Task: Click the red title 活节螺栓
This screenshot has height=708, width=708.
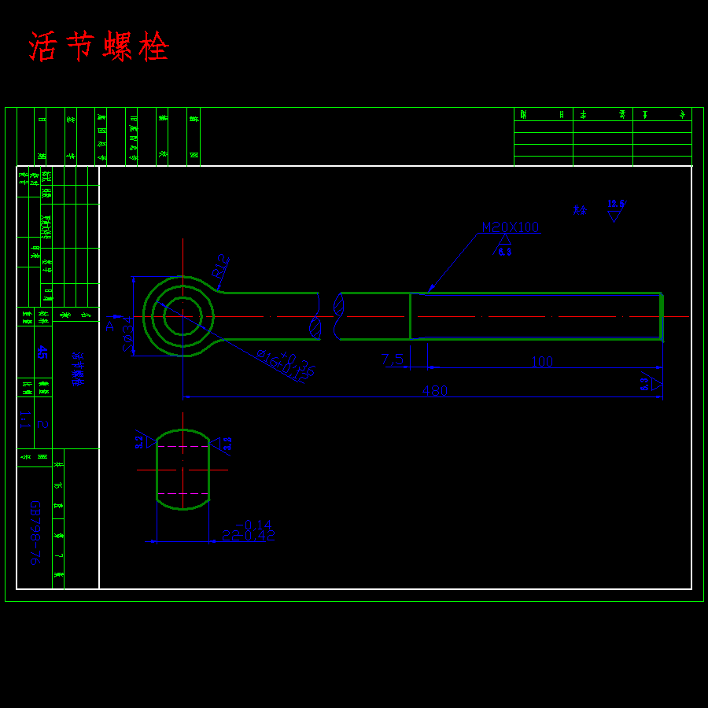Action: coord(99,47)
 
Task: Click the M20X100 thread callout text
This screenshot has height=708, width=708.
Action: coord(511,227)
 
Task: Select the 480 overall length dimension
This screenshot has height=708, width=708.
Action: coord(434,391)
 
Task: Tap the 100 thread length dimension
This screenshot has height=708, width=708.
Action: coord(542,362)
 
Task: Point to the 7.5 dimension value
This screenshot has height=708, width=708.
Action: coord(393,360)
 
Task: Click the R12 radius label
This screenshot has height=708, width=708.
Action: coord(219,265)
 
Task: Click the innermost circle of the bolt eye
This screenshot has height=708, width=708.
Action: coord(183,316)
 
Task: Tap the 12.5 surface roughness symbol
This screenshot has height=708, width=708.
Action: coord(615,210)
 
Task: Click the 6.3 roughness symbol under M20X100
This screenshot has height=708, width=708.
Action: coord(504,246)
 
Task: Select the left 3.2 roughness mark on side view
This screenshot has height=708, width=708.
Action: coord(143,442)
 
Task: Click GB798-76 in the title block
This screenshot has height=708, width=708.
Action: coord(35,533)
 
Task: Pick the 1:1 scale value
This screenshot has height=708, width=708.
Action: coord(24,418)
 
